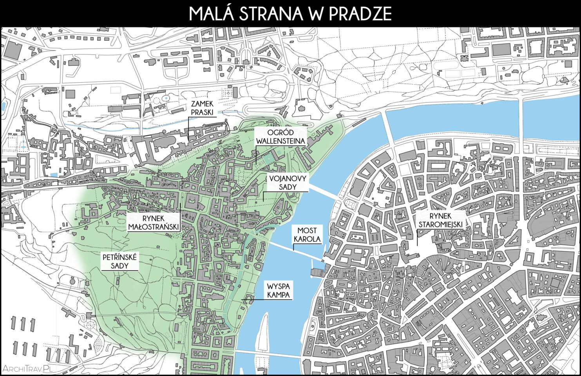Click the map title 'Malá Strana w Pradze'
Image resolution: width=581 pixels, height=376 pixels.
pos(290,13)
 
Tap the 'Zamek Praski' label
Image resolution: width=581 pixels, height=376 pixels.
pos(202,108)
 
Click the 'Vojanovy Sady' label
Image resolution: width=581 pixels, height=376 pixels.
pos(288,183)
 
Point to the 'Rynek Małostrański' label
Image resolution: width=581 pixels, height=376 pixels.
pos(154,222)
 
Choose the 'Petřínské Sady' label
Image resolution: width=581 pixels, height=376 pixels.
pos(120,262)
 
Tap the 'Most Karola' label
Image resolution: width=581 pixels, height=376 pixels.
pos(307,235)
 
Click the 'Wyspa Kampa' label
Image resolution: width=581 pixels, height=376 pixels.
pos(279,290)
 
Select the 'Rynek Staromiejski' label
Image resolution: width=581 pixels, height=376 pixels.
pos(440,220)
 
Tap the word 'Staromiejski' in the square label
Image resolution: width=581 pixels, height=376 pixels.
pos(440,224)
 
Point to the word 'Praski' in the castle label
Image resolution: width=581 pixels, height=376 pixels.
pos(202,112)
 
